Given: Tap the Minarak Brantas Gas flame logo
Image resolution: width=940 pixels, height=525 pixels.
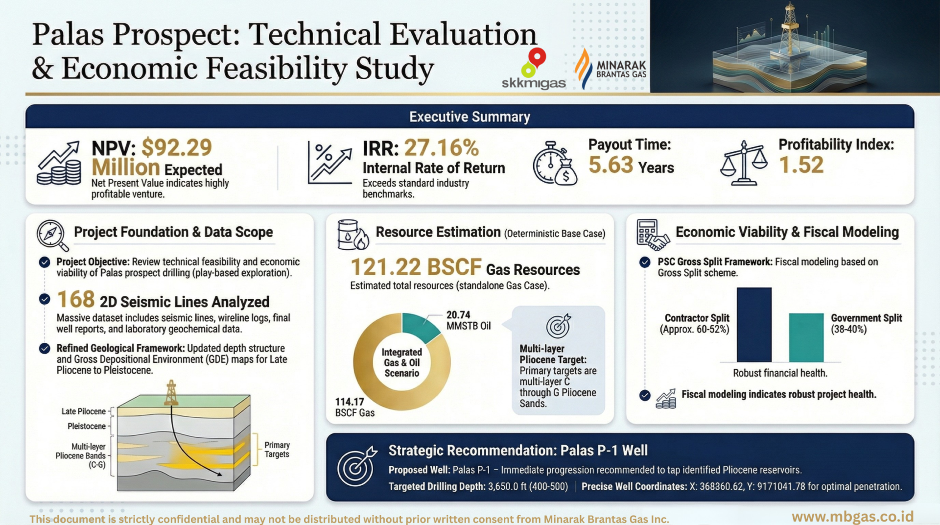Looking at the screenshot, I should (583, 69).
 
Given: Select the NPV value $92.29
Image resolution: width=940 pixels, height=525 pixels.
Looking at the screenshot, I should (177, 147).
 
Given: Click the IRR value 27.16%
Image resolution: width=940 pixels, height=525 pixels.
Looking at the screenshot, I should (441, 148).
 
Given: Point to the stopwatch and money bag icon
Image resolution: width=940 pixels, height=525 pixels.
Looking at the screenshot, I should (555, 164).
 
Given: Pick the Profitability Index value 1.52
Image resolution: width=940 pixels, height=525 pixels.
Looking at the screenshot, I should (801, 165).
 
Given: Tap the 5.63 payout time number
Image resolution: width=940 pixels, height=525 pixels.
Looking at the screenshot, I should (611, 165).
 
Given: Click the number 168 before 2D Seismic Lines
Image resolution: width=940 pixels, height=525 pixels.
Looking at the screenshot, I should (75, 299).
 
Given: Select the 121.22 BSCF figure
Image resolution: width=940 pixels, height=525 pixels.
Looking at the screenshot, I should (416, 267).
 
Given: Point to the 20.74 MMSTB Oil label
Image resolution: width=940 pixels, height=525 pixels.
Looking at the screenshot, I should (468, 320).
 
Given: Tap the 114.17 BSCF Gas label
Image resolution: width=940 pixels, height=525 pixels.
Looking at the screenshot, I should (354, 407).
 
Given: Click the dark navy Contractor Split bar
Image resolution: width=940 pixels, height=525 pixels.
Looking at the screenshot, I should (754, 325).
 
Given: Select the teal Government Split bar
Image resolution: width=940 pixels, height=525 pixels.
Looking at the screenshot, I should (806, 337).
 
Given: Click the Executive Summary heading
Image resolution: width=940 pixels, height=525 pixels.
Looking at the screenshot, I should (470, 117).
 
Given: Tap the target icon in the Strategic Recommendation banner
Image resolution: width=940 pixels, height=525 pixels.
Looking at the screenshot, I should (356, 466).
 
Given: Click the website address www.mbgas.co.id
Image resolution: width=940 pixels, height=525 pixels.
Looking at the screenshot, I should (852, 517).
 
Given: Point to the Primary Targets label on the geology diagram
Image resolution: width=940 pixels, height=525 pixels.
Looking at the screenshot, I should (277, 450).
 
